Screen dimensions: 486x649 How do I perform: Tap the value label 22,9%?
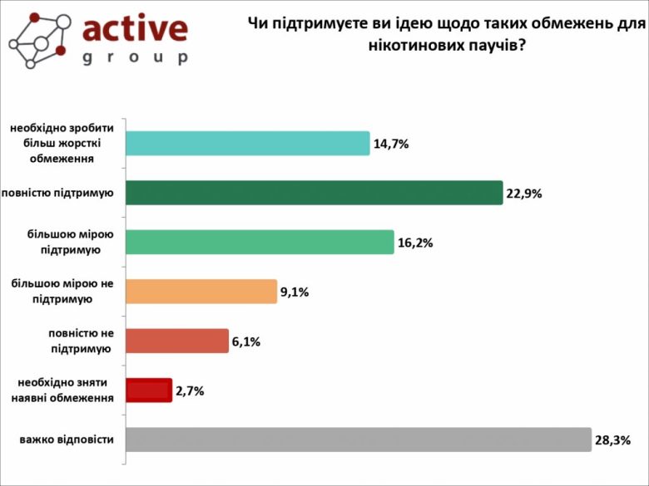pos(523,194)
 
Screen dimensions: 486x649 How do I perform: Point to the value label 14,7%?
pos(391,144)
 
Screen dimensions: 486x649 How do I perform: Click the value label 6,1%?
pos(246,341)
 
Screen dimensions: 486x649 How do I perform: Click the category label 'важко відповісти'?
pos(67,439)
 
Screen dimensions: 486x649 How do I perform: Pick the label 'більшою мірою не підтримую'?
pos(62,292)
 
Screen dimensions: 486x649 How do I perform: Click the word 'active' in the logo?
pos(135,29)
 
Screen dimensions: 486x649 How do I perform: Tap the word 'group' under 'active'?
pos(135,57)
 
